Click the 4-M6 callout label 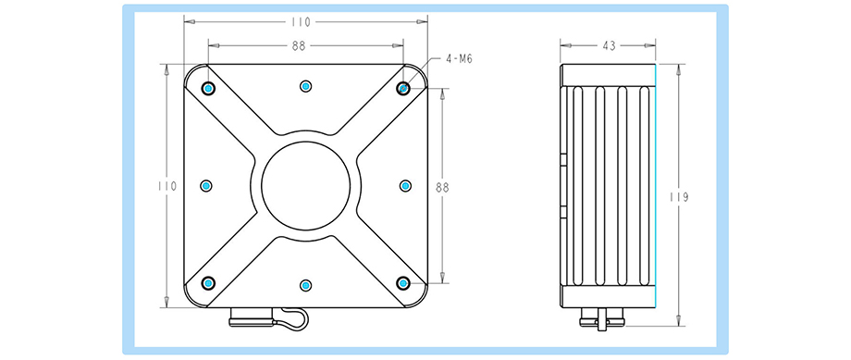(x=459, y=59)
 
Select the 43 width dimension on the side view (x=609, y=46)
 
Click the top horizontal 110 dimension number (x=301, y=22)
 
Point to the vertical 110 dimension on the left (x=167, y=186)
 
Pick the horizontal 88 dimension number (x=299, y=46)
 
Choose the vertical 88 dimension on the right (x=442, y=187)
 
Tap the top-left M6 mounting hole (x=208, y=88)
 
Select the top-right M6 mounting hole (x=402, y=88)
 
